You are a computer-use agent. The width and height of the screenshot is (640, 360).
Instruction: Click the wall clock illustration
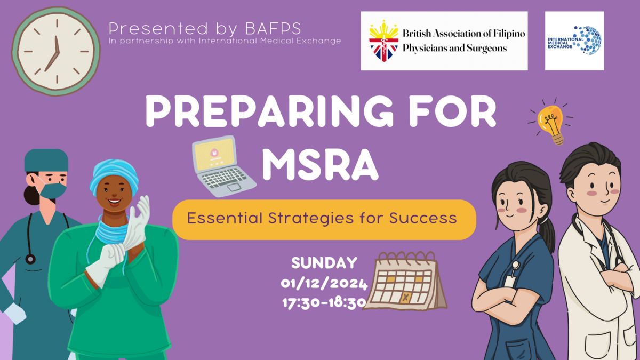(56, 51)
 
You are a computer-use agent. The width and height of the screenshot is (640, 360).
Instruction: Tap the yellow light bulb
(551, 122)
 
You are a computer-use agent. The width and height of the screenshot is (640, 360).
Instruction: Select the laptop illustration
(223, 166)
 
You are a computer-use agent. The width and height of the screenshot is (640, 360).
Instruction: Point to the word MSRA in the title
(321, 166)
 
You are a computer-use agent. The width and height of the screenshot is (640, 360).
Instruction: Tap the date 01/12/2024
(324, 284)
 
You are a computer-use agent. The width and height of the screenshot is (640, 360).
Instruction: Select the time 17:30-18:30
(324, 303)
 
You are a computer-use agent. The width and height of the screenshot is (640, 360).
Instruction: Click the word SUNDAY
(324, 263)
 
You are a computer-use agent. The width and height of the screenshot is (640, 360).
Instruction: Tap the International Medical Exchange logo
(574, 41)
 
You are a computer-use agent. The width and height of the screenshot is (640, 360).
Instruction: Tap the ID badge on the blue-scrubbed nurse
(510, 281)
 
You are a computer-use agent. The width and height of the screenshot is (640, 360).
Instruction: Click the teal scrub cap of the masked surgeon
(46, 161)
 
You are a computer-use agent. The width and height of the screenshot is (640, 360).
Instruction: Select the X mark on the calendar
(405, 298)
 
